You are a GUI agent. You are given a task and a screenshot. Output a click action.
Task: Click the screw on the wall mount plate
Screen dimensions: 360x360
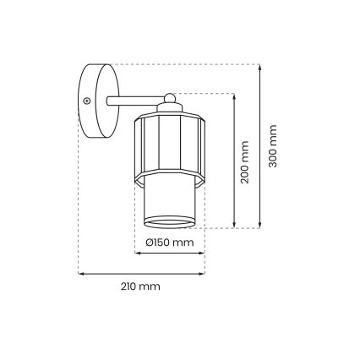(x=86, y=101)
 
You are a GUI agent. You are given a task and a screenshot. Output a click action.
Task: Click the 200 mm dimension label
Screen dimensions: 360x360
(x=244, y=163)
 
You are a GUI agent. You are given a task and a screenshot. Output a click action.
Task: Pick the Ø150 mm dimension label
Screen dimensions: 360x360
(x=170, y=243)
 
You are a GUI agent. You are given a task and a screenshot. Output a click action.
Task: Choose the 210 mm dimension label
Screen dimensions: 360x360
(x=140, y=286)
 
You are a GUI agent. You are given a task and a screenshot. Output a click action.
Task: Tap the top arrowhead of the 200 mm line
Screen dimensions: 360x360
(x=232, y=94)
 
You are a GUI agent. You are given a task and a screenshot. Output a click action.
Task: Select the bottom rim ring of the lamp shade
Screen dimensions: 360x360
(x=170, y=223)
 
